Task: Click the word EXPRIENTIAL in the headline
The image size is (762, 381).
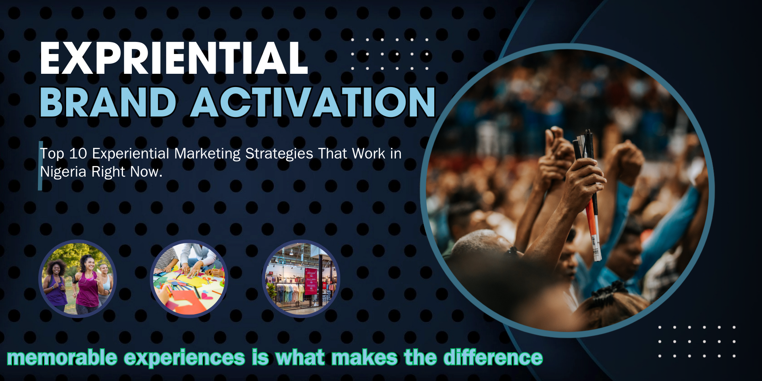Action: click(x=174, y=58)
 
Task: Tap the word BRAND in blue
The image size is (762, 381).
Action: click(x=108, y=102)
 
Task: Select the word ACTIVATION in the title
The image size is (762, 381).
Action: click(x=313, y=102)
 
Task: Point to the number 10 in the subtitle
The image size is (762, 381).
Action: click(x=78, y=154)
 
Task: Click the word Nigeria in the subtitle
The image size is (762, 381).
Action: click(x=63, y=172)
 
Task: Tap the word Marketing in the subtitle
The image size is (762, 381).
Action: click(x=207, y=154)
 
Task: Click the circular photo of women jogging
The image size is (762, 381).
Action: click(x=77, y=279)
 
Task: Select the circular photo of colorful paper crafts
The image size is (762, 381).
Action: click(x=189, y=279)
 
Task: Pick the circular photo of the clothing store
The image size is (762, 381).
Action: click(x=301, y=279)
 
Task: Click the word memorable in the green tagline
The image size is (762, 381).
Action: click(x=62, y=358)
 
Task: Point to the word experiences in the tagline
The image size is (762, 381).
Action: click(x=184, y=358)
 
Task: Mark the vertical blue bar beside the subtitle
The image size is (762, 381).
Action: click(x=40, y=166)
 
